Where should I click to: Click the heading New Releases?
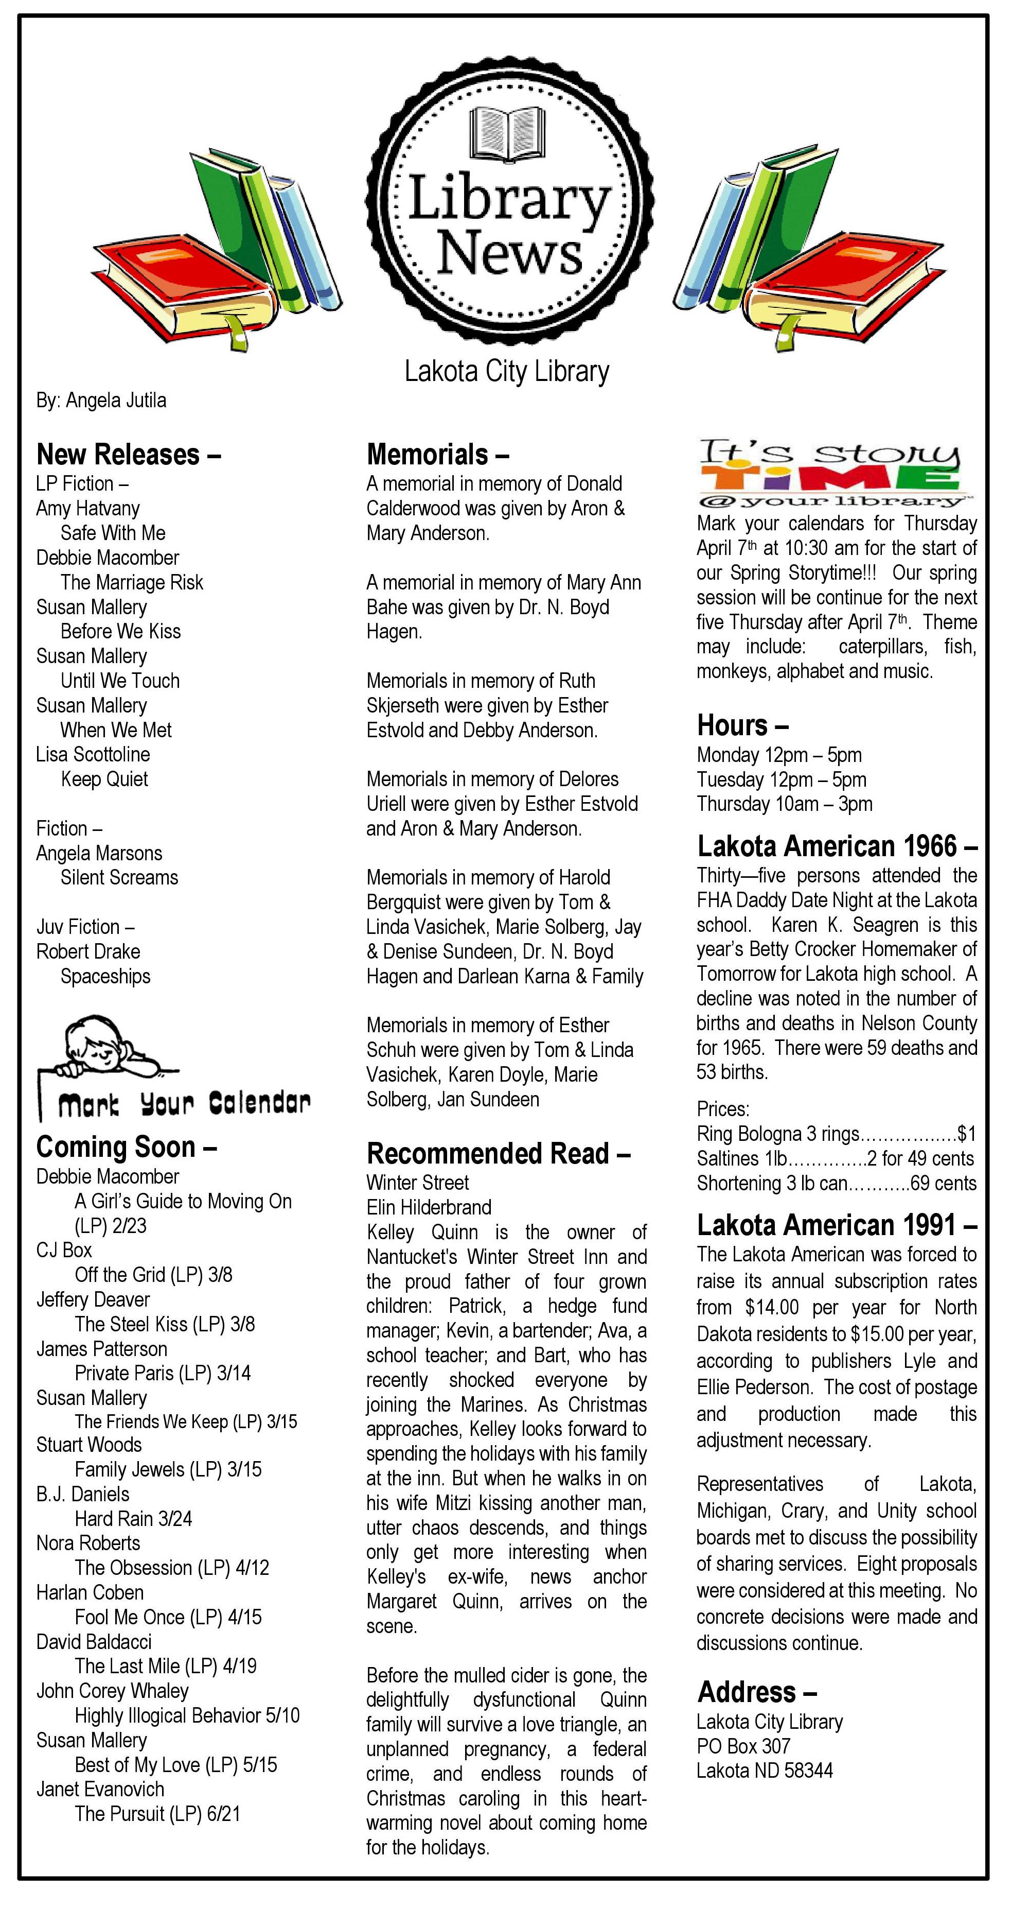coord(128,455)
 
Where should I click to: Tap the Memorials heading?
coord(437,455)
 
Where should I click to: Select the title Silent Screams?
coord(119,878)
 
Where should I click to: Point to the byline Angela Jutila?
coord(101,401)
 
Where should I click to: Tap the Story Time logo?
coord(829,473)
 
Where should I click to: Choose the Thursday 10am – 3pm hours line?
coord(784,805)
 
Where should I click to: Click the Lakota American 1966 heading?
coord(837,846)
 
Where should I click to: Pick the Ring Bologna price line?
coord(836,1134)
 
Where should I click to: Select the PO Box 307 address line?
coord(743,1746)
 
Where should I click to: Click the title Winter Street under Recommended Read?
coord(418,1183)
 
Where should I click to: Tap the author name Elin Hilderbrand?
coord(429,1207)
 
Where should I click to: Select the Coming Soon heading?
coord(126,1147)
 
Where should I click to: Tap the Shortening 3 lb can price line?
coord(836,1184)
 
